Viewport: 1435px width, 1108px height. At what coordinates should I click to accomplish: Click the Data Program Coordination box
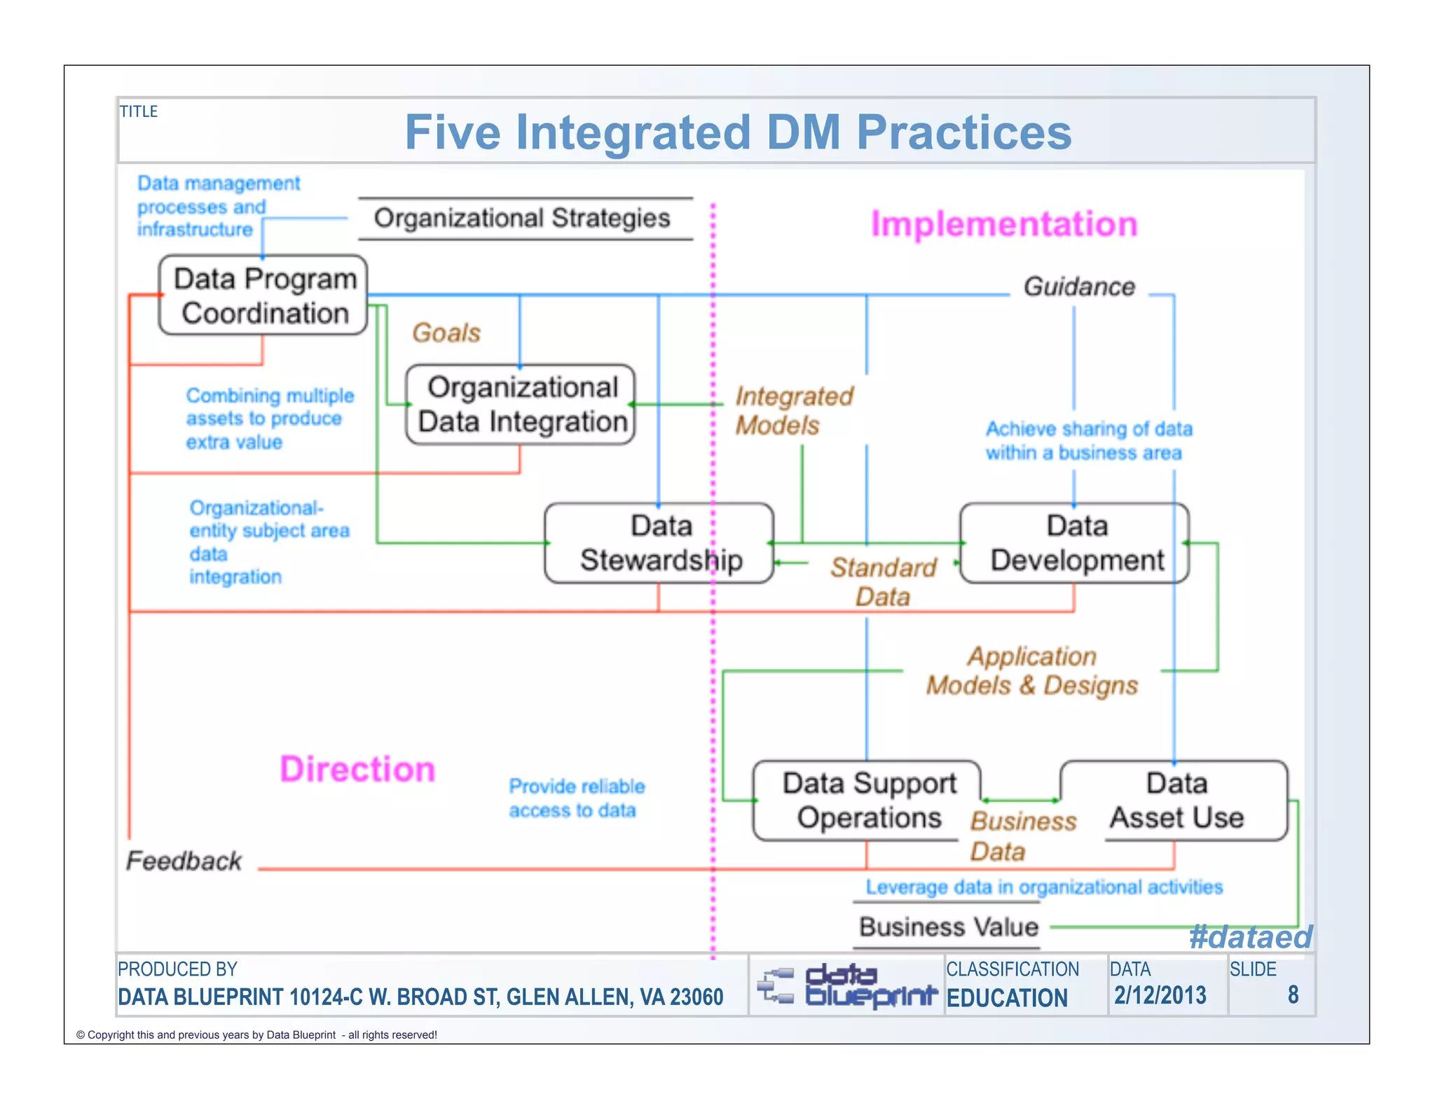point(263,296)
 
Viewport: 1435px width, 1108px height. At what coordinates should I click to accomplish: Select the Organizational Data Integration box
point(521,404)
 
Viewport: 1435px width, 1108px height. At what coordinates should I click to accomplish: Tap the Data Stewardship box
point(659,543)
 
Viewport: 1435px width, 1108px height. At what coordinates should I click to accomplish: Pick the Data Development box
point(1075,543)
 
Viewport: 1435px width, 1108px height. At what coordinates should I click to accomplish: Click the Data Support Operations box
point(867,800)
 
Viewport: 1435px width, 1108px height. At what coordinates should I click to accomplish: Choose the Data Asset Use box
point(1176,800)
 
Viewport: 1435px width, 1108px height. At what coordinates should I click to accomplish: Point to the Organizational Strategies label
point(522,218)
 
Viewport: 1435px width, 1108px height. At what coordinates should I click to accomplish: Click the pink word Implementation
point(1003,224)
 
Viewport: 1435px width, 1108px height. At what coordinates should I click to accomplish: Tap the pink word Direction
point(357,769)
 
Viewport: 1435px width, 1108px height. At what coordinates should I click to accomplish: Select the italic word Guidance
point(1079,286)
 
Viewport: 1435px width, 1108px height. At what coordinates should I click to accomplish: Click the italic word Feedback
point(184,861)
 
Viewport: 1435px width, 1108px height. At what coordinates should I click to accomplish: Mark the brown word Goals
point(446,333)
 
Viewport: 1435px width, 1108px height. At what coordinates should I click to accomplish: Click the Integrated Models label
point(793,410)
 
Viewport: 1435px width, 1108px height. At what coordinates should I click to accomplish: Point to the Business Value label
point(949,927)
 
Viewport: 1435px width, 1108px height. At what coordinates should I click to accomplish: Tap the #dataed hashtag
point(1250,937)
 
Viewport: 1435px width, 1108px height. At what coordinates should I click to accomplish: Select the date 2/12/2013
point(1160,995)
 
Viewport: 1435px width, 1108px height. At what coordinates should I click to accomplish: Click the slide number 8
point(1293,995)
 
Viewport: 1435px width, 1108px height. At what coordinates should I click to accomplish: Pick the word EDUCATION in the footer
point(1007,998)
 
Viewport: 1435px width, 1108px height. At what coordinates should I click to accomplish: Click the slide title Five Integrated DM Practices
point(738,132)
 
